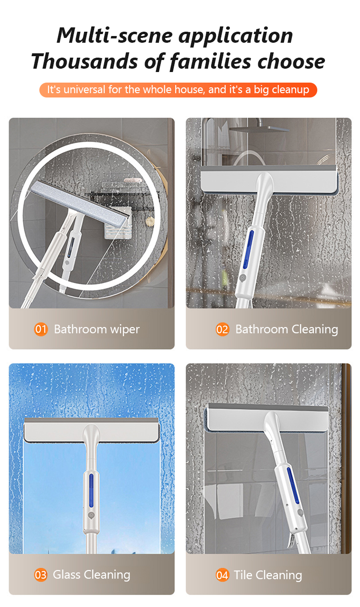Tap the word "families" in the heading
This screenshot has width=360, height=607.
click(210, 61)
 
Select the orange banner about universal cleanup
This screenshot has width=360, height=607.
click(178, 90)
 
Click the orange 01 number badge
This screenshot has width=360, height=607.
click(41, 329)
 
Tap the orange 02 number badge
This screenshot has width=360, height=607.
click(222, 329)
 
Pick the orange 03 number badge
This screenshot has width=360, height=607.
click(41, 575)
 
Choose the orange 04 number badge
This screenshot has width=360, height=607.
click(222, 575)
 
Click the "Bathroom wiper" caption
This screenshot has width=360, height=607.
click(96, 329)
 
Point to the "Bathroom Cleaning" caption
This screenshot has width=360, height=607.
click(287, 329)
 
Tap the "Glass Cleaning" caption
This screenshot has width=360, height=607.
click(92, 575)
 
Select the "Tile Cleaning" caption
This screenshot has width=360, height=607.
click(268, 575)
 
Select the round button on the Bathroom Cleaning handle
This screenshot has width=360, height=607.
click(242, 278)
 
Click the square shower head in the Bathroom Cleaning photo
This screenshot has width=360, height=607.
click(260, 129)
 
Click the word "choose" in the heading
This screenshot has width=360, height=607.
click(291, 61)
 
